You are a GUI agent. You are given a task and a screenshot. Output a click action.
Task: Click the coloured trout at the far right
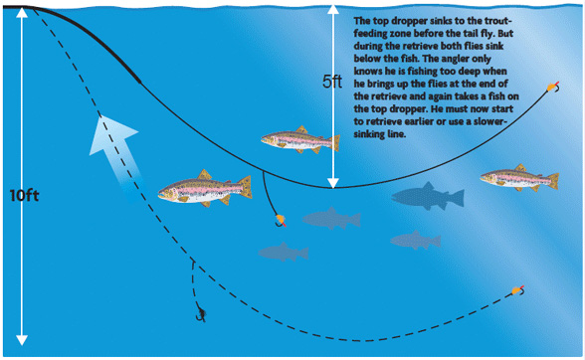click(x=517, y=177)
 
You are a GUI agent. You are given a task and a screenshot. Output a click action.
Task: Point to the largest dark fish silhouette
click(x=428, y=196)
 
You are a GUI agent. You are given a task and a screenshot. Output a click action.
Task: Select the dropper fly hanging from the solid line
click(x=280, y=218)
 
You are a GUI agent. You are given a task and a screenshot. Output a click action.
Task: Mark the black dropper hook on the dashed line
click(x=201, y=317)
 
